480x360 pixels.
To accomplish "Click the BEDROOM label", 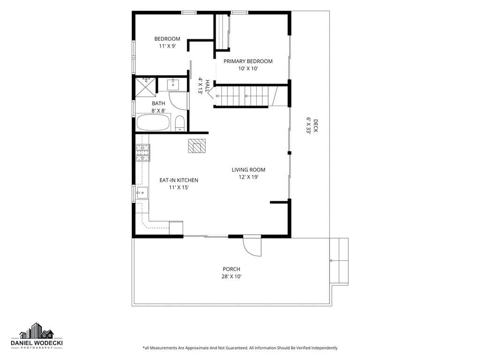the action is point(167,39).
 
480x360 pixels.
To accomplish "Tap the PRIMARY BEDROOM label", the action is point(248,61).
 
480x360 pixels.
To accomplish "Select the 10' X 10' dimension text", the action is point(248,68).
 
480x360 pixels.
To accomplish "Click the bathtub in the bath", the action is point(153,122).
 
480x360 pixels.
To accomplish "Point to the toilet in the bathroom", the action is point(180,123).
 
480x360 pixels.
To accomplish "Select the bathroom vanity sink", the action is point(173,84).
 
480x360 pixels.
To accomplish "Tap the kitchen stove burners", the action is point(143,153).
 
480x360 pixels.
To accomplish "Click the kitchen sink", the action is point(142,193).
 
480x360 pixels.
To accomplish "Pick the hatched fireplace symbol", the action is point(197,146).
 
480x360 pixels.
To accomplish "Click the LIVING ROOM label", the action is point(248,170).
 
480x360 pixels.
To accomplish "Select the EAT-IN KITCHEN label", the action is point(179,180).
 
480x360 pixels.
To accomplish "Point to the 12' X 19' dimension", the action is point(248,177).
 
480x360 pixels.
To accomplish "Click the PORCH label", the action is point(232,269).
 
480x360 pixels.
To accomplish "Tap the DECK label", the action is point(315,126).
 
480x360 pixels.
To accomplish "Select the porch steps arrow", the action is point(339,261).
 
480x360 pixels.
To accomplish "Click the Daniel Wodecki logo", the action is point(37,336).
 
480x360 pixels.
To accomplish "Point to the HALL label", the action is point(208,86).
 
